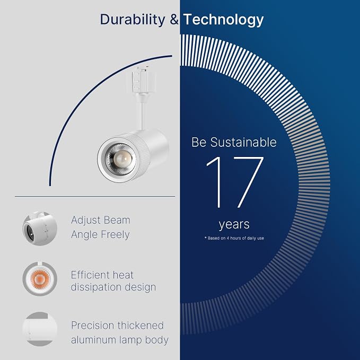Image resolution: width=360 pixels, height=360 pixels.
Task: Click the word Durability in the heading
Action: pyautogui.click(x=133, y=19)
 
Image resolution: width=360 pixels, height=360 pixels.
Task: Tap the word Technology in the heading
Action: pyautogui.click(x=223, y=20)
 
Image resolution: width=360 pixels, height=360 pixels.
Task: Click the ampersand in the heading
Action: pyautogui.click(x=174, y=19)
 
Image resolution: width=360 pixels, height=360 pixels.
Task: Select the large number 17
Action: pyautogui.click(x=235, y=182)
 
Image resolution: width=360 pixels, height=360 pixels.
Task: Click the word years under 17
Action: pyautogui.click(x=234, y=225)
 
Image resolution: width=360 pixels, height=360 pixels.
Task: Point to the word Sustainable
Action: pyautogui.click(x=243, y=142)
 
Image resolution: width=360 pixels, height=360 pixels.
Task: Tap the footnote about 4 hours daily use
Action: pyautogui.click(x=234, y=238)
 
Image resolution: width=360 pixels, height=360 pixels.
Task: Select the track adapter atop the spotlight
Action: pyautogui.click(x=141, y=81)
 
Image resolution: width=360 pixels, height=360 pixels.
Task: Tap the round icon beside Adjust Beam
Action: pyautogui.click(x=40, y=229)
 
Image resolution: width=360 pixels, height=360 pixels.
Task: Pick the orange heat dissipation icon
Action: pyautogui.click(x=40, y=279)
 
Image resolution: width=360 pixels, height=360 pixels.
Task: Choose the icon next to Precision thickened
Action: pyautogui.click(x=40, y=329)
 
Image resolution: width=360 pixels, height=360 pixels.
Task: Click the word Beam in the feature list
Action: pyautogui.click(x=117, y=220)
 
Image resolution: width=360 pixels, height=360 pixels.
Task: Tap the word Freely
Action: pyautogui.click(x=115, y=235)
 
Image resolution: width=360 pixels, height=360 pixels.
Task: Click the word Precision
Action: pyautogui.click(x=93, y=326)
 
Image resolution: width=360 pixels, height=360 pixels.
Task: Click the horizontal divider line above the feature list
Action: pyautogui.click(x=95, y=197)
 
